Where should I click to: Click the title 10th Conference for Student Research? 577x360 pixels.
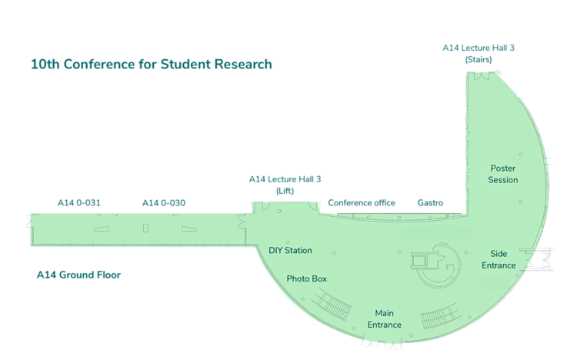click(x=152, y=64)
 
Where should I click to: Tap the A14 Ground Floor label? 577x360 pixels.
click(x=78, y=275)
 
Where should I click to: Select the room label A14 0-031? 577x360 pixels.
click(x=79, y=203)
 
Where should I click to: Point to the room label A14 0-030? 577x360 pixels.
click(x=164, y=203)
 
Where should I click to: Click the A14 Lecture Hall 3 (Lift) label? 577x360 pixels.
click(x=285, y=185)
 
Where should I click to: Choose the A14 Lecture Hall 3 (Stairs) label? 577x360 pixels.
click(x=479, y=53)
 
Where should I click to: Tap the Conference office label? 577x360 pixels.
click(x=362, y=203)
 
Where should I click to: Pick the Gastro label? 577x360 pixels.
click(x=430, y=203)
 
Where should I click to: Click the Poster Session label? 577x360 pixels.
click(x=503, y=174)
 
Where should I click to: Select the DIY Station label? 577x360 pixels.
click(x=290, y=250)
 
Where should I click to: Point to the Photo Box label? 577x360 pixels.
click(x=306, y=278)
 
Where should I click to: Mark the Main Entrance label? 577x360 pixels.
click(x=384, y=318)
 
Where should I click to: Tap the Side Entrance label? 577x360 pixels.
click(x=499, y=259)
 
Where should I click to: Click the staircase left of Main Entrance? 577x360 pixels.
click(x=332, y=305)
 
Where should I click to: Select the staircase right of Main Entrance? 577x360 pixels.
click(x=440, y=316)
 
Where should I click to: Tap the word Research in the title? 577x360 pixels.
click(x=243, y=64)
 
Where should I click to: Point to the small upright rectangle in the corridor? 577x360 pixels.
click(x=145, y=228)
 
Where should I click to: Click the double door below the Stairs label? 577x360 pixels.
click(x=482, y=76)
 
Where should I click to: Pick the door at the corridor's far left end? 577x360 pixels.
click(x=29, y=222)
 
